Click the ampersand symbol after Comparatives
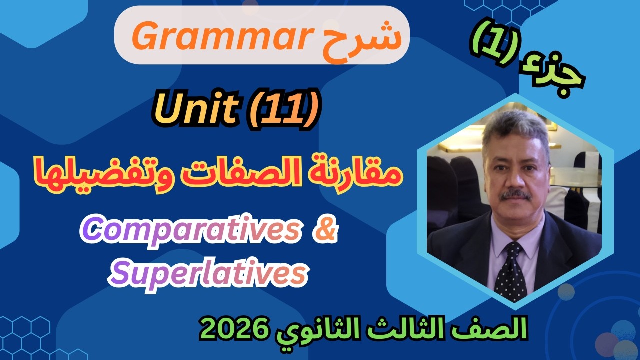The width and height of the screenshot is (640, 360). [325, 232]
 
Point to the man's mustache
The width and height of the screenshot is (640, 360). [515, 194]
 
